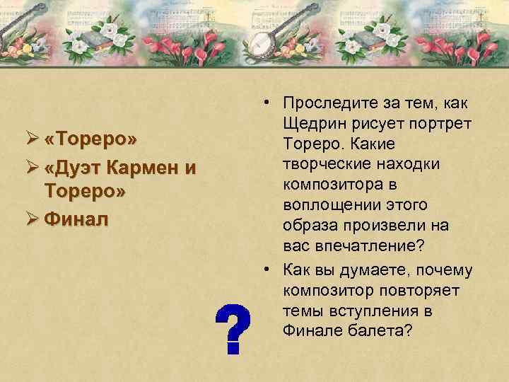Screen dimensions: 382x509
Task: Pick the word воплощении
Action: (x=325, y=206)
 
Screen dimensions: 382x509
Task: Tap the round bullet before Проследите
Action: (x=262, y=105)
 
